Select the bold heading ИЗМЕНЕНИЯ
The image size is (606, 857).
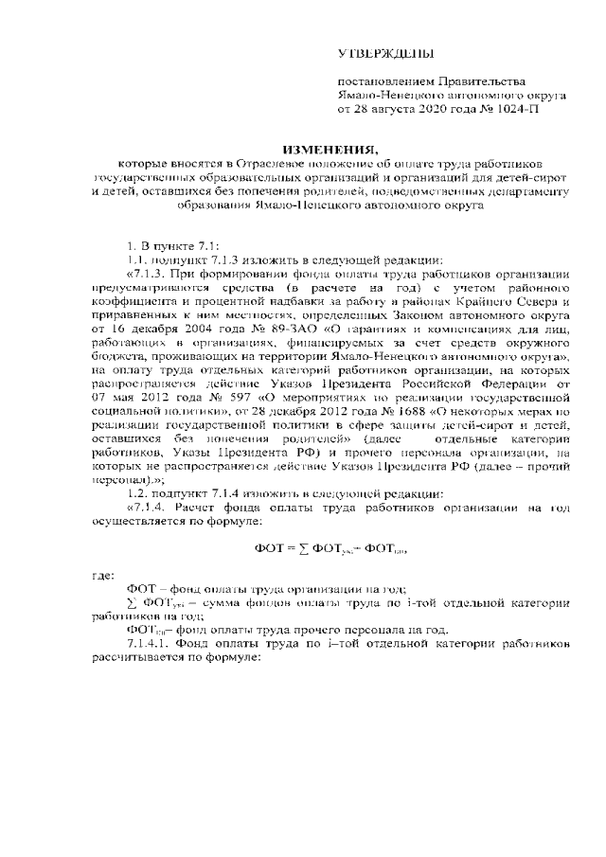330,148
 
